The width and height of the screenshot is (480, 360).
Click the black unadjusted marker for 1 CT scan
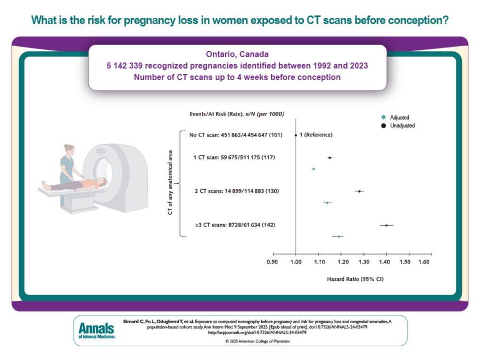pyautogui.click(x=329, y=157)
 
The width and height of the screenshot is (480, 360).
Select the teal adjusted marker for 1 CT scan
pyautogui.click(x=313, y=169)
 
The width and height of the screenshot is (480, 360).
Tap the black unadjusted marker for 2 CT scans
pyautogui.click(x=359, y=191)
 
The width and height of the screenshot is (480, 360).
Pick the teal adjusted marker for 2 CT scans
pyautogui.click(x=327, y=203)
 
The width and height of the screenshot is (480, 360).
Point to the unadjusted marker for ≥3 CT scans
pyautogui.click(x=386, y=225)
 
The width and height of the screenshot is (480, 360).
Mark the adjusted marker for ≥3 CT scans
pyautogui.click(x=338, y=236)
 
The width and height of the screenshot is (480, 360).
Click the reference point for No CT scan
pyautogui.click(x=296, y=135)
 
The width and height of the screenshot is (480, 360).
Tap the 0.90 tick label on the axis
pyautogui.click(x=272, y=262)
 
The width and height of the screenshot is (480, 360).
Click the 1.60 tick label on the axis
pyautogui.click(x=423, y=262)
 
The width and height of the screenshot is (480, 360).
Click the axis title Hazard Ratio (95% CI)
pyautogui.click(x=352, y=278)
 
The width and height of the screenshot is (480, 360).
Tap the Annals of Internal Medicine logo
pyautogui.click(x=96, y=330)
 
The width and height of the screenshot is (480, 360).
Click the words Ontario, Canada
pyautogui.click(x=238, y=53)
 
